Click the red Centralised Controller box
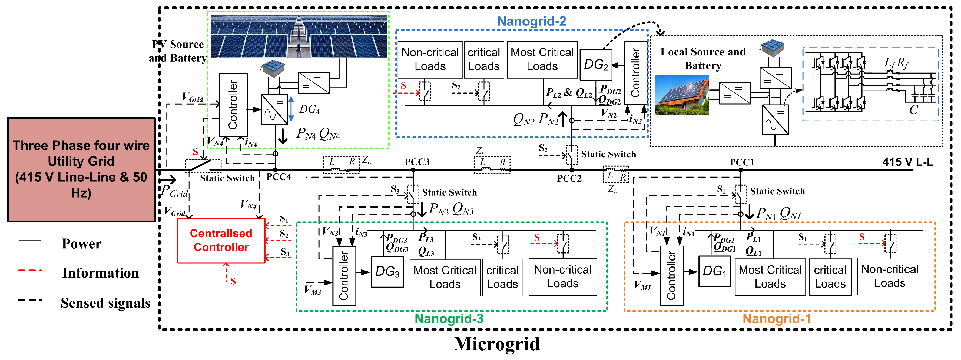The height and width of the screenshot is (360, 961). [221, 241]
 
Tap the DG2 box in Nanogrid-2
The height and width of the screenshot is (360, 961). [595, 65]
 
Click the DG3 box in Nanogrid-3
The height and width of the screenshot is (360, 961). [387, 272]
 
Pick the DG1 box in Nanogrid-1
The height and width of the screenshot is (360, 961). [714, 271]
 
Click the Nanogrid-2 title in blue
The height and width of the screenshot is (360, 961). [531, 21]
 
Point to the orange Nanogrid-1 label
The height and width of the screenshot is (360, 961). [776, 319]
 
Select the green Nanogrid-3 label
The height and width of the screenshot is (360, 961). [449, 319]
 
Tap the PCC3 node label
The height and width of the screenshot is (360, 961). [417, 162]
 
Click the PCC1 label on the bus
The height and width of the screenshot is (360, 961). [742, 162]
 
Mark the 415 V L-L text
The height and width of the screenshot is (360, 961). [907, 162]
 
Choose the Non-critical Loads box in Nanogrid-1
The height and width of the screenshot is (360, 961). [889, 276]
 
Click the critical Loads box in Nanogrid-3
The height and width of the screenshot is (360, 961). [502, 278]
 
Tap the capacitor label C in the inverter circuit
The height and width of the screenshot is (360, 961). [913, 110]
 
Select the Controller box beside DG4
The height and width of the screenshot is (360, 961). [233, 105]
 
